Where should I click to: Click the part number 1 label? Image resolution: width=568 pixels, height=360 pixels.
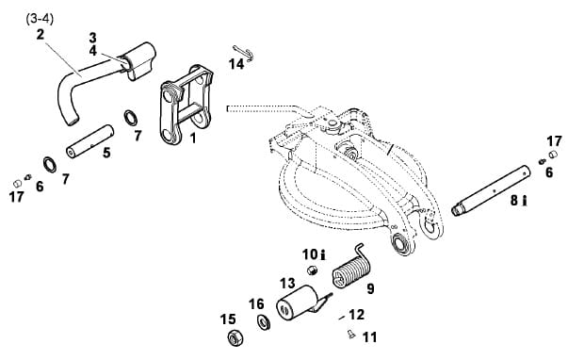193,139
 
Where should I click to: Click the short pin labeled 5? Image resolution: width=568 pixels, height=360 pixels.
89,141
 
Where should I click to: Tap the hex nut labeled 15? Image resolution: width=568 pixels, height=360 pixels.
235,338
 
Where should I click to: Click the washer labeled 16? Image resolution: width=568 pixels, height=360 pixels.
264,322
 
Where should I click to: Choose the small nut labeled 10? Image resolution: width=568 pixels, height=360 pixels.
311,270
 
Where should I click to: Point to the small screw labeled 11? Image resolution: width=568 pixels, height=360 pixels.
350,334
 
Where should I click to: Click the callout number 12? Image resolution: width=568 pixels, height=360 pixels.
356,315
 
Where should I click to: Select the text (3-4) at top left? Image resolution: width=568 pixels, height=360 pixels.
40,19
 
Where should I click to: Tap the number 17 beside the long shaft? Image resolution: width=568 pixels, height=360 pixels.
554,141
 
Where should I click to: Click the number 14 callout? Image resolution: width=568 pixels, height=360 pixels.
236,64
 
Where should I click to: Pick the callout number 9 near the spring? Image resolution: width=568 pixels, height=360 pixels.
370,289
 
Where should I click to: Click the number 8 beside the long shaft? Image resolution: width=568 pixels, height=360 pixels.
514,201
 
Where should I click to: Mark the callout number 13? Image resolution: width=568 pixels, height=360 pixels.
287,283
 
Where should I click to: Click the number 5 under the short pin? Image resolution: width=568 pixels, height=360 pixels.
106,153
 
